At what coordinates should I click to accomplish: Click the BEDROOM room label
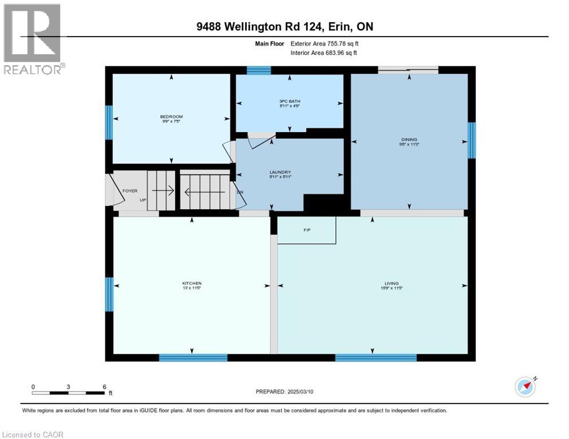click(x=171, y=117)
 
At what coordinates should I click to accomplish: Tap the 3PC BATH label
click(x=289, y=101)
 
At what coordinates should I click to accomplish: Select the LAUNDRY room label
click(x=280, y=172)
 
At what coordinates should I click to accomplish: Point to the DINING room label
click(x=409, y=139)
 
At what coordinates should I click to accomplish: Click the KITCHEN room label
click(x=192, y=284)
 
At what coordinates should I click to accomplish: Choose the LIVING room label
click(x=392, y=283)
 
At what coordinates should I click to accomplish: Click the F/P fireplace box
click(x=306, y=230)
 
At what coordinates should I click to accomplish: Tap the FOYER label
click(x=130, y=191)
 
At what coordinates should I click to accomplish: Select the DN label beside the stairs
click(x=240, y=191)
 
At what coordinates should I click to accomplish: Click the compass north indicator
click(x=525, y=387)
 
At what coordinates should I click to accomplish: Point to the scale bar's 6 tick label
click(x=104, y=387)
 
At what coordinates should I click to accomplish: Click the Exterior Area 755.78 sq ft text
click(x=325, y=43)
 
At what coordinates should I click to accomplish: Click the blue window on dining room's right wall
click(x=471, y=140)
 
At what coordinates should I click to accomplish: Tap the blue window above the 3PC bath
click(x=259, y=70)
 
